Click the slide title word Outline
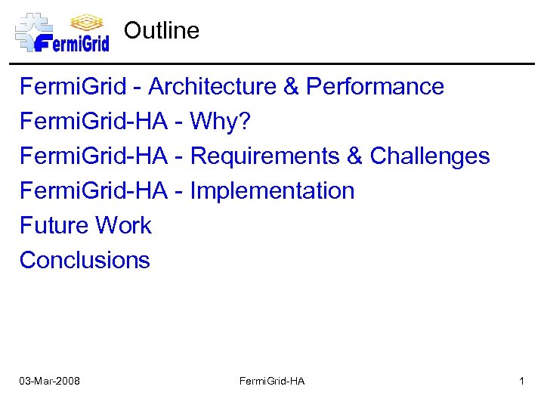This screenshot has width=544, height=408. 162,31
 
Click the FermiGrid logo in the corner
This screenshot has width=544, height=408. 62,32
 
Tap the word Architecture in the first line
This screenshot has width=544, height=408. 212,87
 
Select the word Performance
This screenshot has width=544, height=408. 375,87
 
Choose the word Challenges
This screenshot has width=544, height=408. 430,156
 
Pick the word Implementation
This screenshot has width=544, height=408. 272,191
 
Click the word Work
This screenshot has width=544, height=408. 124,226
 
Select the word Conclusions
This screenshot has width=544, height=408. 85,261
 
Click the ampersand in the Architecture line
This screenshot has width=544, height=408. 292,87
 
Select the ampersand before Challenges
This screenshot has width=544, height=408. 355,156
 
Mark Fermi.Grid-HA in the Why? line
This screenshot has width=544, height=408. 94,122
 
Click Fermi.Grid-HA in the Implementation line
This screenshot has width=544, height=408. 94,191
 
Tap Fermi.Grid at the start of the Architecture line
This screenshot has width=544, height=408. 73,87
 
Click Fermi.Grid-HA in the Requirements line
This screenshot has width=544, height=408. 94,156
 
